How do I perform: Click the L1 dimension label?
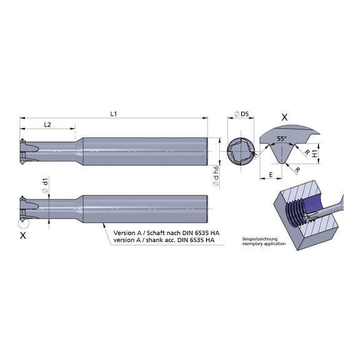tap(114, 114)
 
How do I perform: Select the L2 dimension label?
tap(47, 124)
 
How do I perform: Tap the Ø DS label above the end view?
tap(241, 114)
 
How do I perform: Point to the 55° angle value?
tap(282, 139)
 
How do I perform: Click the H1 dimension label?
tap(315, 153)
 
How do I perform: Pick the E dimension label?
tap(271, 175)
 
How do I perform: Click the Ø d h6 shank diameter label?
tap(216, 176)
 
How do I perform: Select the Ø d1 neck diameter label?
tap(46, 184)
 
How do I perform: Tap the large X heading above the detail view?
tap(284, 117)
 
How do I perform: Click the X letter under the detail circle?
tap(23, 236)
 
